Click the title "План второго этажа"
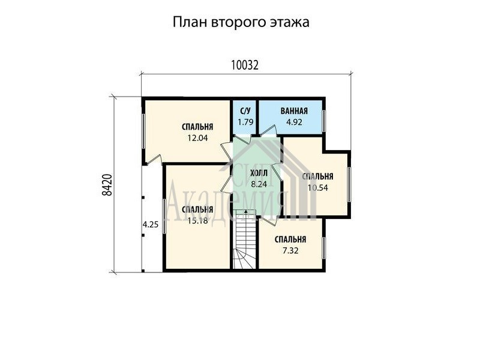(241, 22)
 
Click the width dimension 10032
(245, 65)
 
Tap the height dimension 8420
(107, 185)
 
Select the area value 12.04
(197, 138)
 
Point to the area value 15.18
(197, 220)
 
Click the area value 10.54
(318, 188)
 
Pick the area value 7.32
(290, 251)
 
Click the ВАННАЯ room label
(294, 111)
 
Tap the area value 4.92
(294, 122)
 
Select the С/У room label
(245, 111)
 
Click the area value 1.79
(245, 122)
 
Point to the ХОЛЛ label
(259, 173)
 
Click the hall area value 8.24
(259, 184)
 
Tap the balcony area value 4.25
(151, 224)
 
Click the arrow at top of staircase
(245, 211)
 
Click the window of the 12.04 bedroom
(143, 131)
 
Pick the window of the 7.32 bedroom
(323, 248)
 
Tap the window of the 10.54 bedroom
(349, 184)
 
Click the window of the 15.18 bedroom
(164, 216)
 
